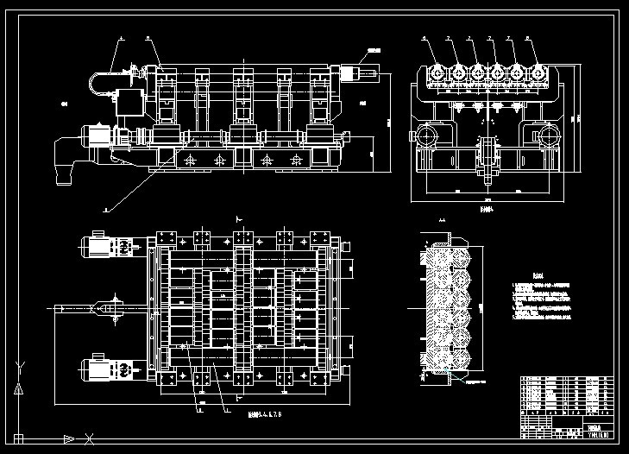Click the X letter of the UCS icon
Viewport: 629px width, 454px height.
coord(90,438)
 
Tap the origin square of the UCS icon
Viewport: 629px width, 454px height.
coord(17,438)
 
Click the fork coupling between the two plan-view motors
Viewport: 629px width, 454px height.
coord(105,307)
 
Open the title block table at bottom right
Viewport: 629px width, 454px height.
coord(567,407)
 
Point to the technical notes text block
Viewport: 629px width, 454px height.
coord(540,298)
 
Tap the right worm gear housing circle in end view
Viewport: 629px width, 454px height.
coord(546,136)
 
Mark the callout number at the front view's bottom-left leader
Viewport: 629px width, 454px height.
coord(105,209)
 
